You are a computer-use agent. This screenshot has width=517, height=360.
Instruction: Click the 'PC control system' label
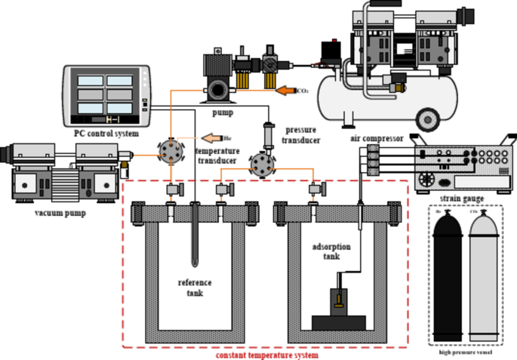[106, 134]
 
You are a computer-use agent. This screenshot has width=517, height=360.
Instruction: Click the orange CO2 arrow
[284, 91]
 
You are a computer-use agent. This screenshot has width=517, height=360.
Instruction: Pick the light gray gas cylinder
[483, 278]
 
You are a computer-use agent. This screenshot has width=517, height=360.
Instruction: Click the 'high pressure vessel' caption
[466, 352]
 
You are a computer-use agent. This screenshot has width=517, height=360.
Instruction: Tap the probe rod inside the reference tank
[195, 234]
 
